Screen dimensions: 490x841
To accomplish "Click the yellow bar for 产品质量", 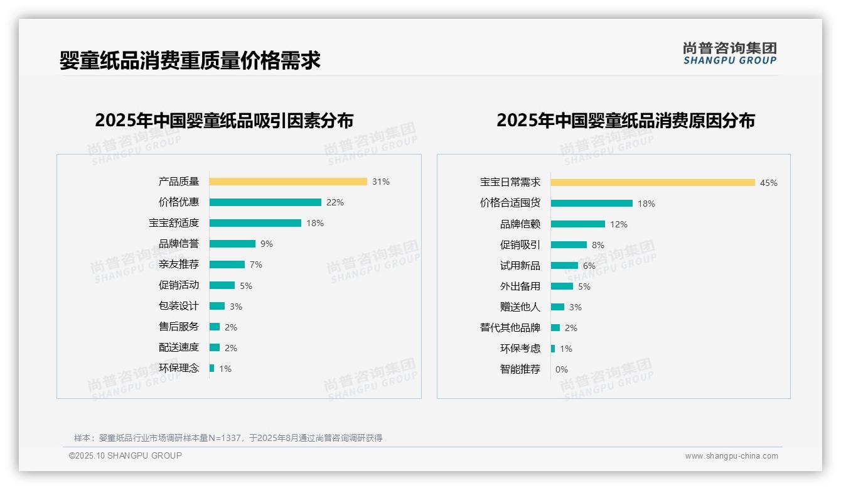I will [288, 182].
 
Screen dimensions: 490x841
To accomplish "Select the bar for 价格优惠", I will [265, 202].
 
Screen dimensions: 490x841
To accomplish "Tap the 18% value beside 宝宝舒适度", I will [315, 223].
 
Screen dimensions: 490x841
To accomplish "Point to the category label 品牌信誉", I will [179, 244].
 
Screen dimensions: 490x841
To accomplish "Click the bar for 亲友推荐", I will [227, 264].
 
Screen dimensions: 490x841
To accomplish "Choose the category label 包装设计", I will [179, 306].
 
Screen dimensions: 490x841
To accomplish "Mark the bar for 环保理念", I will [212, 368].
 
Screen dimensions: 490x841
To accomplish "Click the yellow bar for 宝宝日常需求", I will [653, 183].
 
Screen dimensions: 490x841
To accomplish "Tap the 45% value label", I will [769, 183].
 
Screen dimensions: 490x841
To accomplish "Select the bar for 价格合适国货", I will [592, 204].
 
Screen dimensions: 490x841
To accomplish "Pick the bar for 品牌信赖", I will [578, 224].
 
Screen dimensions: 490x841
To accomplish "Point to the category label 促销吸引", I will [520, 245].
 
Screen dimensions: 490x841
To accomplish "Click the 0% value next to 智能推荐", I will [562, 369].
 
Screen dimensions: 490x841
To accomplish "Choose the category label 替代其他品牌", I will [510, 328].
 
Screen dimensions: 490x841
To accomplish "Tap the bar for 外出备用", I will [562, 286].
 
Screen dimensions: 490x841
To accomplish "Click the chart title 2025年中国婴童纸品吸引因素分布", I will [224, 120].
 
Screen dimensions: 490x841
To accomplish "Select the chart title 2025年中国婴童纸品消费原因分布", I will [626, 120].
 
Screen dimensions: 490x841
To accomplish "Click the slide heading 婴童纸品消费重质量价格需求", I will [190, 60].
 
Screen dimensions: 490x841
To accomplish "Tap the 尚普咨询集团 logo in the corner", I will [730, 53].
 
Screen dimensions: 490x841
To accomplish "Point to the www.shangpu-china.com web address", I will [731, 456].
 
